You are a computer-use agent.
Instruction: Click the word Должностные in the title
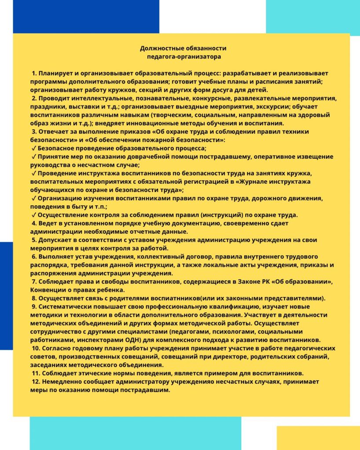(160, 48)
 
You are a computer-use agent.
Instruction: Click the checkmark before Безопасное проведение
(33, 149)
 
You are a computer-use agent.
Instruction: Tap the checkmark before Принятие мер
(33, 157)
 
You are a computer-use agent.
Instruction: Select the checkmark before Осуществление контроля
(33, 215)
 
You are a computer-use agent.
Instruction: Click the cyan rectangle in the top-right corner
(313, 16)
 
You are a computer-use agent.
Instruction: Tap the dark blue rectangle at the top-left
(86, 16)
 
